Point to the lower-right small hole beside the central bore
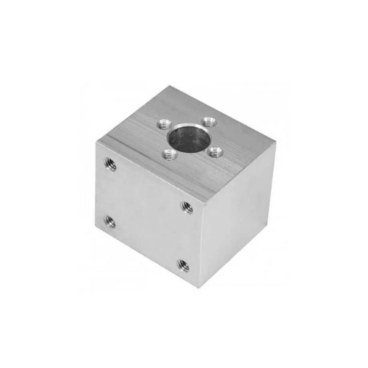click(x=215, y=152)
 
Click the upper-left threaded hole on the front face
click(x=110, y=164)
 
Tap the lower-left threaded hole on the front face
click(x=110, y=221)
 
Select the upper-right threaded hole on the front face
click(x=187, y=207)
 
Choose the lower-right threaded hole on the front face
click(x=183, y=266)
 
